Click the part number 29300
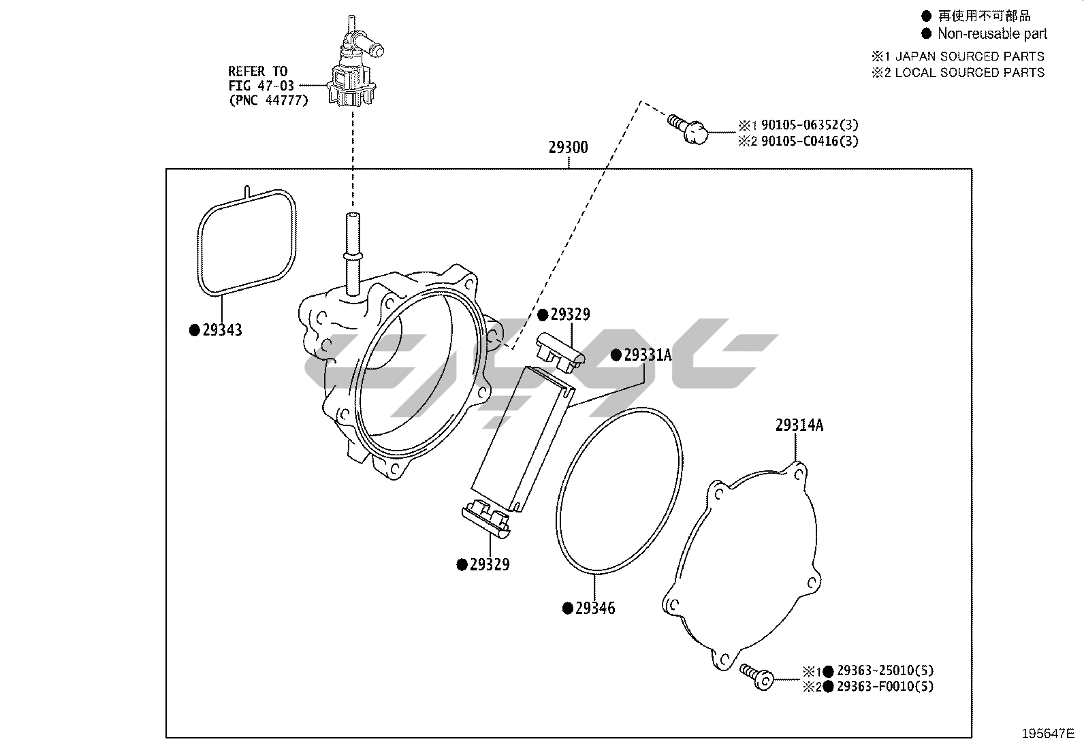click(x=568, y=148)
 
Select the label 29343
click(x=222, y=330)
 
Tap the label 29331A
click(x=648, y=355)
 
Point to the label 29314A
click(x=799, y=425)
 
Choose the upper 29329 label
click(x=570, y=314)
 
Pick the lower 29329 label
click(x=489, y=564)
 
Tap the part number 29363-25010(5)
click(x=884, y=670)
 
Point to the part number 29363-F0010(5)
click(x=884, y=687)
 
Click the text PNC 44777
click(x=268, y=100)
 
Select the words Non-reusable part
click(x=992, y=33)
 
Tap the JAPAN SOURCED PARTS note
click(x=969, y=56)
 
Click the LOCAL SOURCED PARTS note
click(x=969, y=73)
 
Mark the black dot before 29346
click(x=567, y=608)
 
